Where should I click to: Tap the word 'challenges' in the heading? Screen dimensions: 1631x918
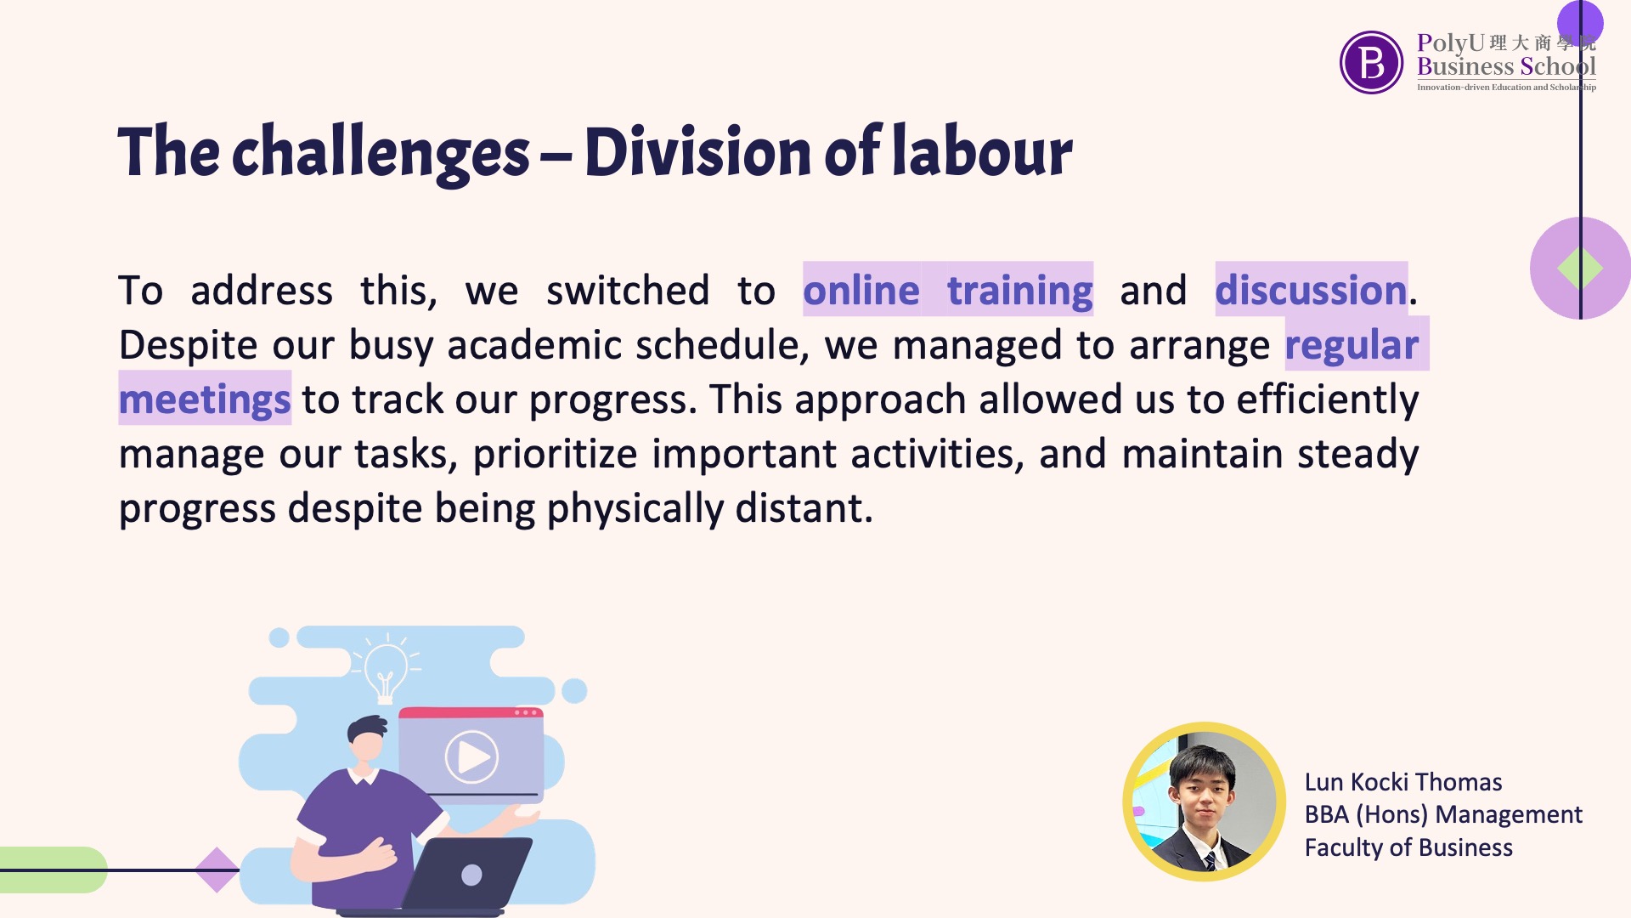tap(381, 153)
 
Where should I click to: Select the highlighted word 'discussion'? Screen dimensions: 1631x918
tap(1311, 290)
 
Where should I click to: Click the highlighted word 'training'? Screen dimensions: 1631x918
tap(1019, 291)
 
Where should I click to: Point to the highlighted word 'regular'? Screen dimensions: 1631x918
tap(1352, 345)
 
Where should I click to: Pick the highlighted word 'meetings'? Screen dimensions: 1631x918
tap(205, 399)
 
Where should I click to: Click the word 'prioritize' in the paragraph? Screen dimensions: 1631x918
tap(555, 454)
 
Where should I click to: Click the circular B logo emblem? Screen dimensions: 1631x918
tap(1371, 62)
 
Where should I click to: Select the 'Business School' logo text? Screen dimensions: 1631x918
tap(1506, 66)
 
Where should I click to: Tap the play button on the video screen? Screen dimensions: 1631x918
tap(471, 756)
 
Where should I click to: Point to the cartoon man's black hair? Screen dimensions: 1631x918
tap(367, 728)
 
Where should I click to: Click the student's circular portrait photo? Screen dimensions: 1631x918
tap(1204, 802)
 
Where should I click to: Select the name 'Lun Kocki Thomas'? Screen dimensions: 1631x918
tap(1403, 782)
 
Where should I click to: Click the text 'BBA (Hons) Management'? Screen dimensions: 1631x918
tap(1443, 814)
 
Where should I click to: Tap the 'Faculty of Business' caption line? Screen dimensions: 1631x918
tap(1408, 847)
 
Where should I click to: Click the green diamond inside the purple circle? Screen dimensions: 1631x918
tap(1580, 269)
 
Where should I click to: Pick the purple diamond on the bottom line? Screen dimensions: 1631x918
tap(217, 870)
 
